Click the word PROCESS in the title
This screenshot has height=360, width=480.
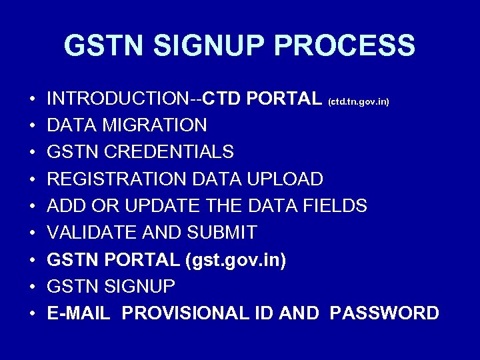pos(345,46)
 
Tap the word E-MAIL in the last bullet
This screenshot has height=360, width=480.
pos(79,313)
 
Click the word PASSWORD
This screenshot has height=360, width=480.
pos(385,313)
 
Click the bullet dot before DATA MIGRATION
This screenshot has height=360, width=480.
pos(32,126)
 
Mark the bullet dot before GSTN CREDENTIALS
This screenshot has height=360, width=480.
pos(32,153)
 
